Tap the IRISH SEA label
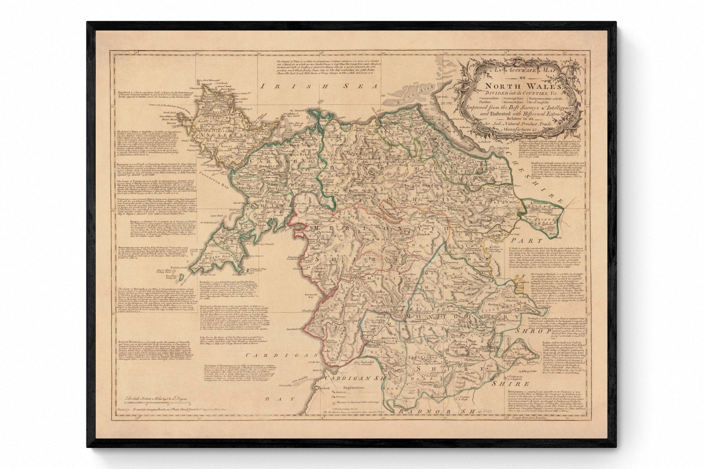pyautogui.click(x=320, y=86)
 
